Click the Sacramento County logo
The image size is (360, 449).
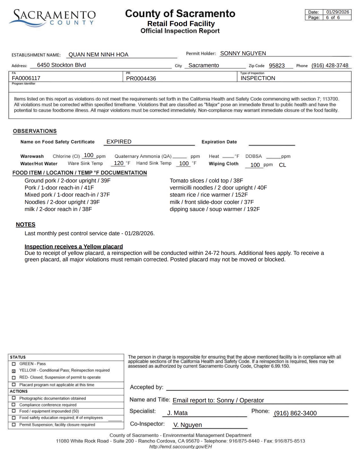(52, 17)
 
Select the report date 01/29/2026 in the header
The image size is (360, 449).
(337, 12)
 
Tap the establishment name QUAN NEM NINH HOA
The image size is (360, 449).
(98, 55)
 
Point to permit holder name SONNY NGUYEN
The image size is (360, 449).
(243, 53)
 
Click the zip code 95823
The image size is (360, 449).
(277, 66)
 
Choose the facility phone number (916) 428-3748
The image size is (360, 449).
(330, 65)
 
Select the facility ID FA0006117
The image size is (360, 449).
(26, 78)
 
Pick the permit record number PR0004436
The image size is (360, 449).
(141, 79)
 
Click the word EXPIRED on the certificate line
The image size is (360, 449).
(119, 142)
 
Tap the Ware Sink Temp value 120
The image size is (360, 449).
(119, 163)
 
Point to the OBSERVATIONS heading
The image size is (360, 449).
(35, 131)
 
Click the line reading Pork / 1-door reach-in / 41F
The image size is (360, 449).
(59, 188)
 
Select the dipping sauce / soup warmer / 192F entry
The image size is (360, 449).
(215, 209)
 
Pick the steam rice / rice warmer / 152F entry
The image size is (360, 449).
(209, 195)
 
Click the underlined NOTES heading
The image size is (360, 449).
(25, 224)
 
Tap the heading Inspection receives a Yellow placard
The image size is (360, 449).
(74, 247)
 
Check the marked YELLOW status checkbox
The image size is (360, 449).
(13, 371)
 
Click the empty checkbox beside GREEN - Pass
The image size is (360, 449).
(13, 364)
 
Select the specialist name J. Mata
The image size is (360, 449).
(177, 413)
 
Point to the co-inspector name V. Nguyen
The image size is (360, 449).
(187, 425)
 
